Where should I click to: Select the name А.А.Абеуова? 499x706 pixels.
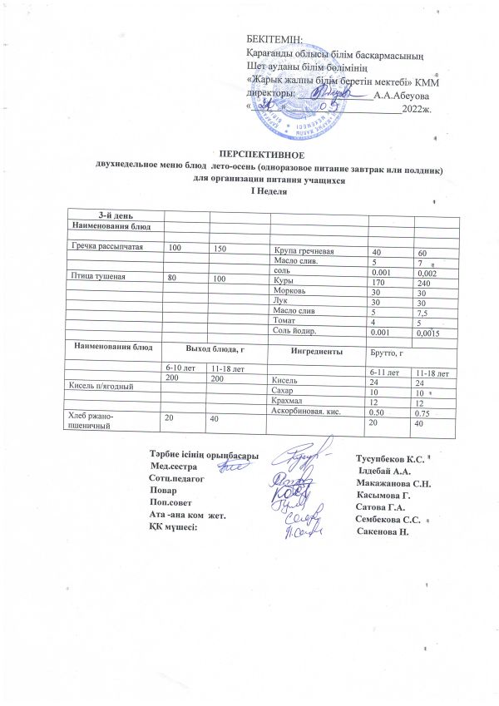point(401,96)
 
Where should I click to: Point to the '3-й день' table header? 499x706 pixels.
point(113,216)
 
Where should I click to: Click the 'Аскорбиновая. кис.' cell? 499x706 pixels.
point(307,412)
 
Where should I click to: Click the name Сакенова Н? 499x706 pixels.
point(383,531)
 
